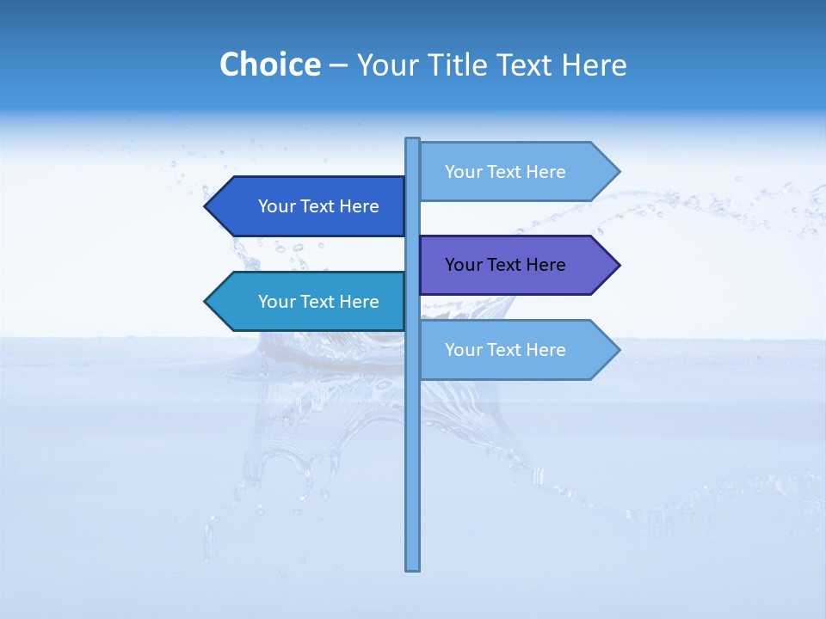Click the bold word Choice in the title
pos(269,64)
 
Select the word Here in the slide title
pos(594,64)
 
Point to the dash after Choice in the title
pos(338,65)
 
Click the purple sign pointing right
pos(516,265)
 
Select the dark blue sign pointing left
pos(310,206)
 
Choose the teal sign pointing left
pos(310,302)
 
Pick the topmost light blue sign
pos(516,172)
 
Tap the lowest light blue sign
pos(516,350)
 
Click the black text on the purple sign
pos(505,265)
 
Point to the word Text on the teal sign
pos(317,302)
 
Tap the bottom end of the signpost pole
pos(413,567)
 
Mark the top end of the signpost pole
pos(413,140)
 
